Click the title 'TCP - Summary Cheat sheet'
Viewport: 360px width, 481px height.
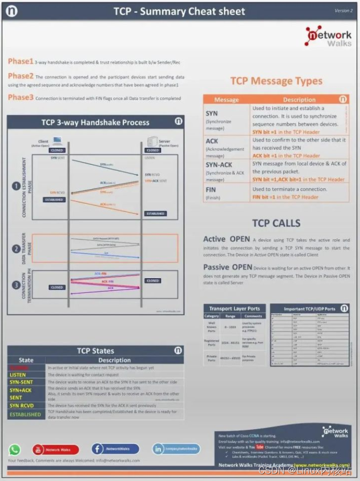(x=180, y=11)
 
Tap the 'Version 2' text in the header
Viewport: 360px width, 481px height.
(x=343, y=10)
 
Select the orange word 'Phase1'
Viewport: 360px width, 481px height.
(x=20, y=61)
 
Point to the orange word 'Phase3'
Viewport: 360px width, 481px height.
(x=20, y=97)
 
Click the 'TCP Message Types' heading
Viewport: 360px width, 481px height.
(x=276, y=81)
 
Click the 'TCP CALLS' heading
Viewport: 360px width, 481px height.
(x=276, y=223)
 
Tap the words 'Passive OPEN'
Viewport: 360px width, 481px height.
(x=227, y=267)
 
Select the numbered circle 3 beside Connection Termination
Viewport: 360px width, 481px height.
(x=17, y=285)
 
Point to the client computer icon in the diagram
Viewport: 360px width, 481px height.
(x=57, y=140)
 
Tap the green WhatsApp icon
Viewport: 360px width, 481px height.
(x=15, y=449)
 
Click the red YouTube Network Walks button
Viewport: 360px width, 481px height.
(x=56, y=449)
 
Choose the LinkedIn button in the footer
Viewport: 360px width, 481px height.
(x=176, y=449)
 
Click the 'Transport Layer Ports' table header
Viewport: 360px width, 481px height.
(x=234, y=309)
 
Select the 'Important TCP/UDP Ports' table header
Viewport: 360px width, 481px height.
(x=310, y=309)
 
